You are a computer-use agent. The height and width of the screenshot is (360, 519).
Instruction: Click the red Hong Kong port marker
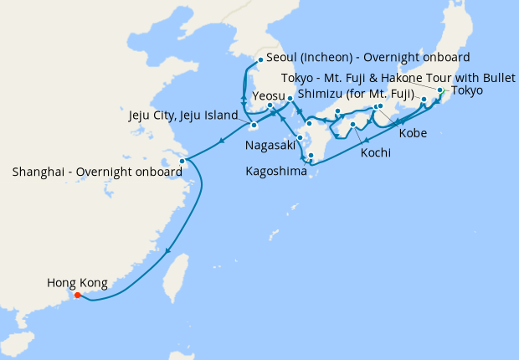(x=77, y=295)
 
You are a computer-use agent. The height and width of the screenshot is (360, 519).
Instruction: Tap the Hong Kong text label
(x=77, y=283)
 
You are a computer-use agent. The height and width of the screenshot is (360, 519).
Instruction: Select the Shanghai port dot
(x=182, y=161)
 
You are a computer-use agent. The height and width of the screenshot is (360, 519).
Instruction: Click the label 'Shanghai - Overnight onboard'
(x=98, y=172)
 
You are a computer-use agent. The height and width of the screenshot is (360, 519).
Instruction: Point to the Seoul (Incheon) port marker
(x=261, y=59)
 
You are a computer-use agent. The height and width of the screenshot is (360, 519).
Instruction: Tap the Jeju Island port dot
(x=254, y=126)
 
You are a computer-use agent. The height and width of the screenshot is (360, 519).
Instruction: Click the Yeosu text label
(x=269, y=96)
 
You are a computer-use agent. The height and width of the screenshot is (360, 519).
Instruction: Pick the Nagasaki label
(x=270, y=145)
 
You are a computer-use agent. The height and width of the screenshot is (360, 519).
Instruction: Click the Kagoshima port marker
(x=311, y=156)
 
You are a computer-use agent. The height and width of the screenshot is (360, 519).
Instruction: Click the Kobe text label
(x=414, y=133)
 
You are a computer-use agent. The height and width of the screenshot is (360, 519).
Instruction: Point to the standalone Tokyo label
(x=467, y=91)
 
